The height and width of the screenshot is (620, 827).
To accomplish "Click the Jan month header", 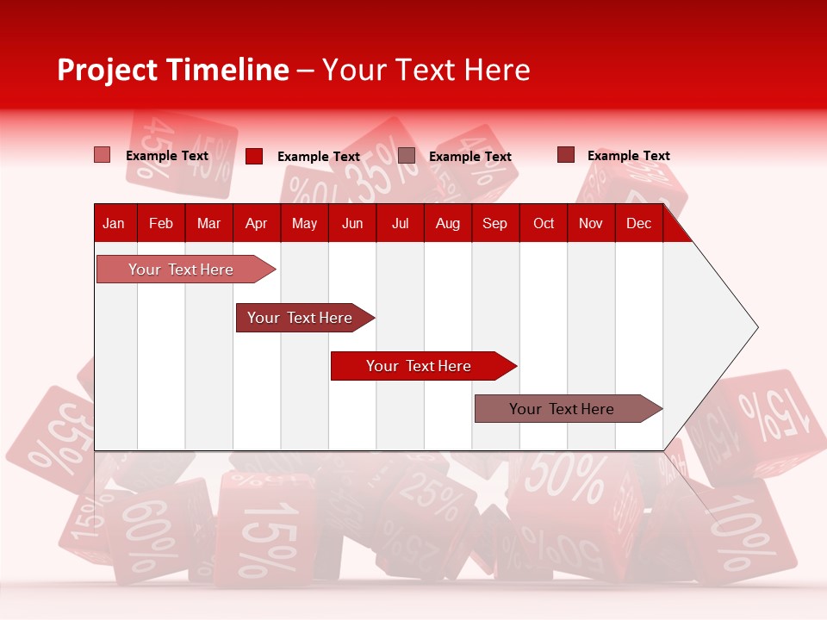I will coord(114,223).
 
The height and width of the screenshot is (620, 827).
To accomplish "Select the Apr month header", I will coord(256,223).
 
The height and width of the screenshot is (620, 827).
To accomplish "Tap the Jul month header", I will coord(400,223).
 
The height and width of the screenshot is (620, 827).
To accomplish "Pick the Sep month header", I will coord(494,223).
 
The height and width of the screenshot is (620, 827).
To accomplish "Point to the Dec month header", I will coord(638,223).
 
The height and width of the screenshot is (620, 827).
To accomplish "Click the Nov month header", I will coord(590,223).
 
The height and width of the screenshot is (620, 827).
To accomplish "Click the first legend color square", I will coord(102,155).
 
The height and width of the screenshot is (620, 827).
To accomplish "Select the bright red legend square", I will coord(254,156).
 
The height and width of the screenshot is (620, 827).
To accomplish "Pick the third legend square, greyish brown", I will coord(407,156).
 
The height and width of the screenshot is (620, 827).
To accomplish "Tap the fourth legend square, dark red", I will coord(566,155).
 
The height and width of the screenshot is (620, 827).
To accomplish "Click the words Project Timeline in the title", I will coord(172,70).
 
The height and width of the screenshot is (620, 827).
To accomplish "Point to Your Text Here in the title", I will coord(426,70).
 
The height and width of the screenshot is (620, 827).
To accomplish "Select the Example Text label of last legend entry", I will coord(628,156).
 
